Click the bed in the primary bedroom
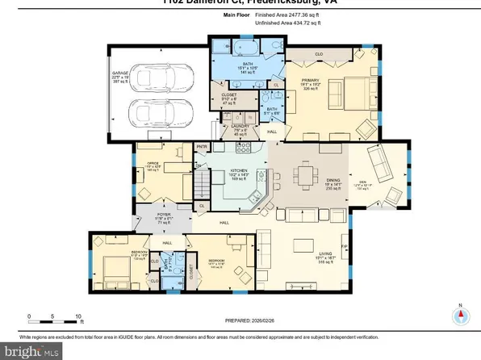353,90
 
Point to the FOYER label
163,216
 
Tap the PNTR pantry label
203,147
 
